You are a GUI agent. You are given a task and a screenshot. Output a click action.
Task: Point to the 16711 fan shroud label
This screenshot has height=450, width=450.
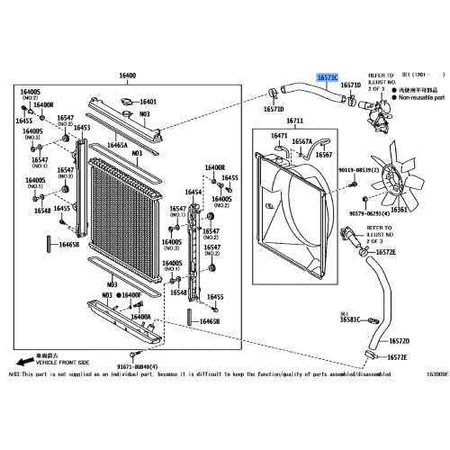pos(296,120)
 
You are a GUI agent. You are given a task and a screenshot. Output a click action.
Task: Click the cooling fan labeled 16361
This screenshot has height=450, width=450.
pos(393,175)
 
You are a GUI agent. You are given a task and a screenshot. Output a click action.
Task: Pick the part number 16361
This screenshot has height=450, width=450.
pos(398,208)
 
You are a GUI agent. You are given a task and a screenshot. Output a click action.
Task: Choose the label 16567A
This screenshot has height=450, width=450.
pos(301,141)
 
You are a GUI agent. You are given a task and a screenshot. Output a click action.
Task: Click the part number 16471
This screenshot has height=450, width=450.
pos(279,136)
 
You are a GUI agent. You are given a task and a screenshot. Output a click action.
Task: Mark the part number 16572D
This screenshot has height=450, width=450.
pos(398,341)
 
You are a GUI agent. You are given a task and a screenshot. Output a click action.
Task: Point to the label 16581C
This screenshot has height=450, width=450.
pos(350,319)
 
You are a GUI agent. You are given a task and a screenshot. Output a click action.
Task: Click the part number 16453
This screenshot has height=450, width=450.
pos(82,128)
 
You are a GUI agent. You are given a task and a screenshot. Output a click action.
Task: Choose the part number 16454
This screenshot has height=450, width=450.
pos(193,192)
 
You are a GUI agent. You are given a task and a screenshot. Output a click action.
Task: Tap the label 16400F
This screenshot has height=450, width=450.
pos(130,295)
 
